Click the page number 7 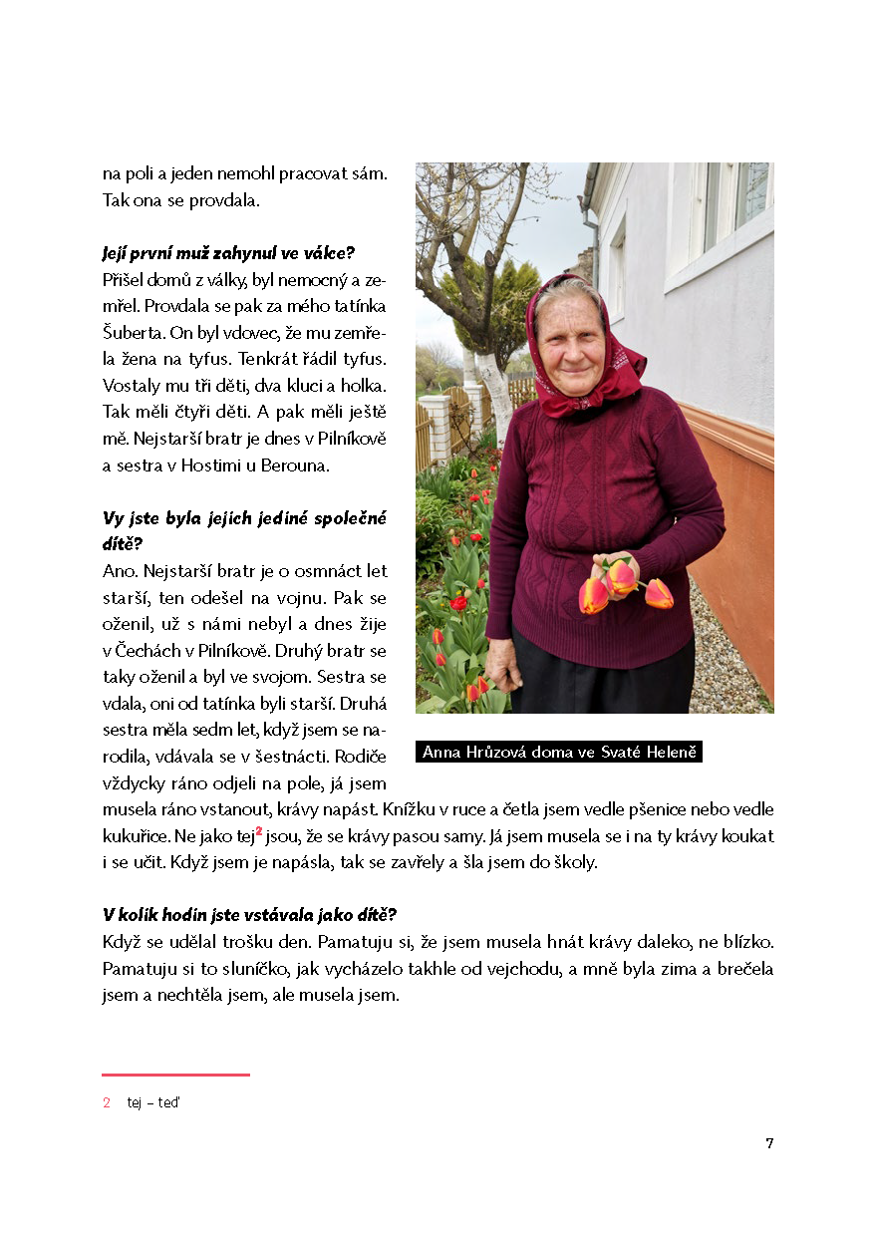(769, 1143)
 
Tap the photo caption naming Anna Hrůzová (558, 752)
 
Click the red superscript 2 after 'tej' (259, 829)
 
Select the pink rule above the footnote (175, 1075)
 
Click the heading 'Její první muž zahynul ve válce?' (229, 253)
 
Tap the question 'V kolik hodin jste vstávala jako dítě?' (249, 915)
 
